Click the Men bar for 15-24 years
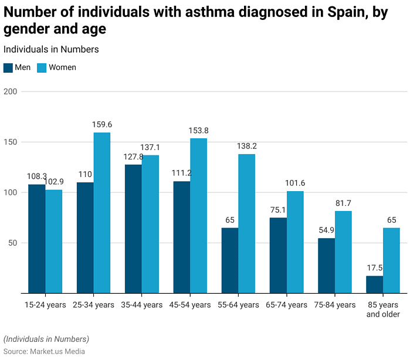point(36,239)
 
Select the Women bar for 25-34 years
point(101,213)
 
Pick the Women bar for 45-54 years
point(198,215)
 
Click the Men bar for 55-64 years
point(229,260)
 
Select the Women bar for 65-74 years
point(295,242)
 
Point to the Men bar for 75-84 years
point(326,266)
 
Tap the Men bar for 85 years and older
point(374,284)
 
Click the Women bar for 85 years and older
point(391,260)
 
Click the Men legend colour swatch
point(8,67)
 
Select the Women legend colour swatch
point(42,67)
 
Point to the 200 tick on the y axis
point(10,91)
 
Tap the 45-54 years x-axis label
point(189,305)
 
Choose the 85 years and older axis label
point(383,310)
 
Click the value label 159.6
point(102,125)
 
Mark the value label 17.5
point(374,268)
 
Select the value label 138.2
point(246,146)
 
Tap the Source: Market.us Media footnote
point(44,351)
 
